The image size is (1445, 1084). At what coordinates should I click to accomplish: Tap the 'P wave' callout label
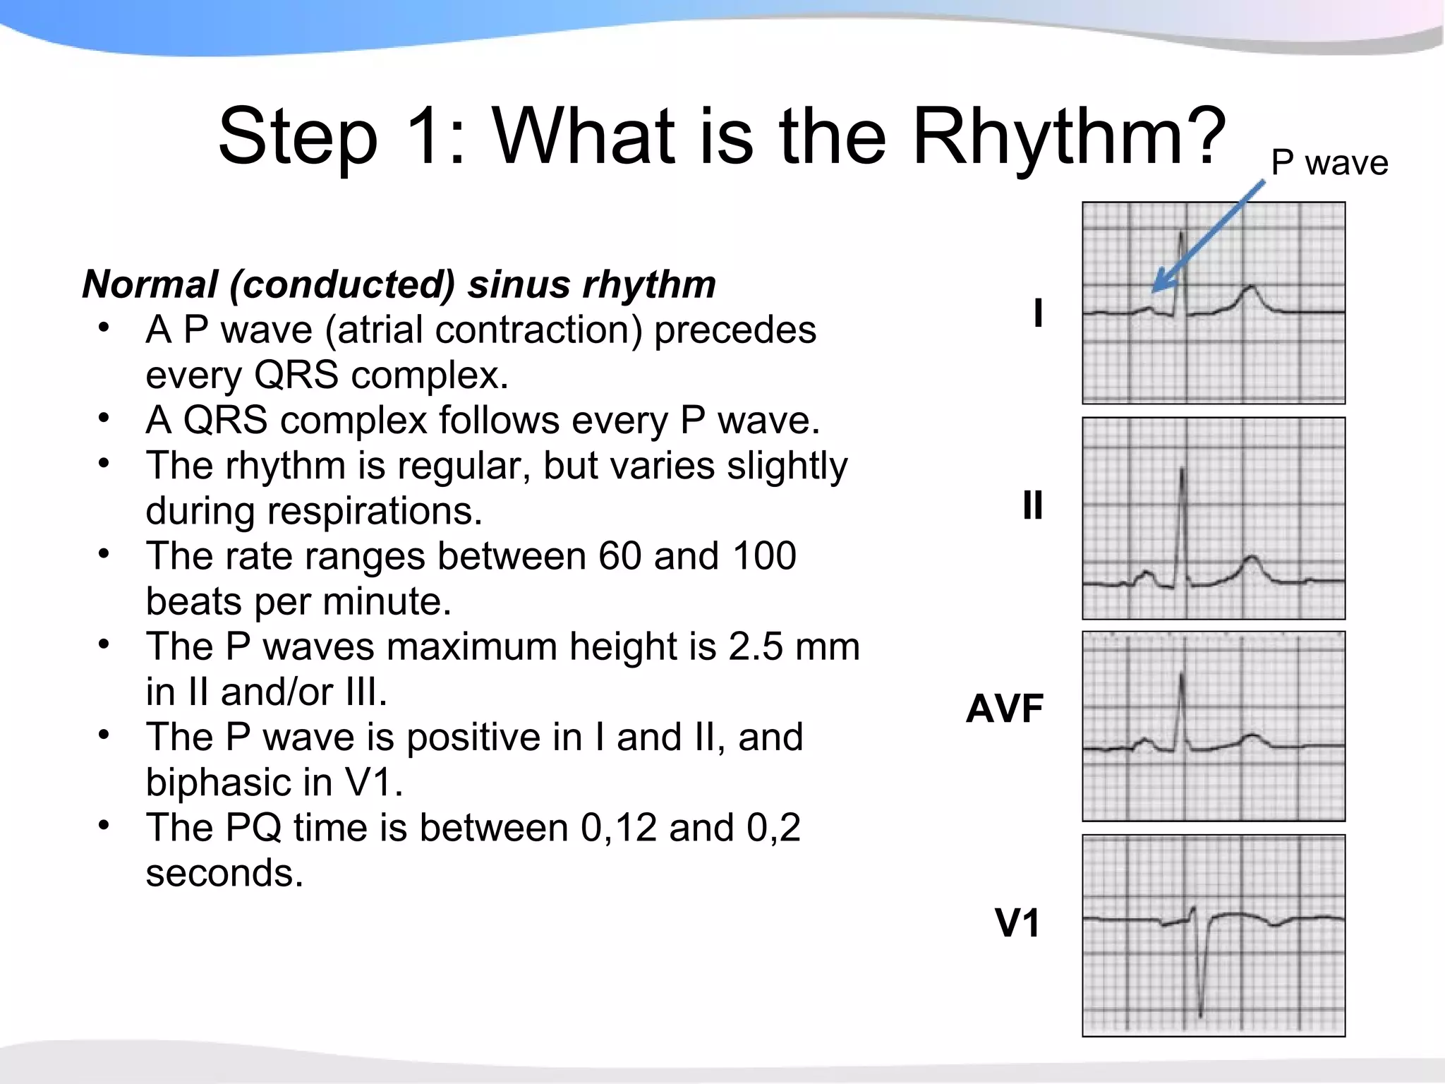tap(1329, 163)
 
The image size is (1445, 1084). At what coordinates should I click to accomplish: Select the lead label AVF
tap(1004, 709)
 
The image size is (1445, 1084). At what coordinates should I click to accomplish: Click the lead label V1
tap(1017, 922)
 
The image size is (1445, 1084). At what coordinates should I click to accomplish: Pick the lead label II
tap(1032, 506)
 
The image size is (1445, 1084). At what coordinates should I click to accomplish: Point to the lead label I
tap(1037, 313)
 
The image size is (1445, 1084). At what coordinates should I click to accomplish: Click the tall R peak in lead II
tap(1183, 471)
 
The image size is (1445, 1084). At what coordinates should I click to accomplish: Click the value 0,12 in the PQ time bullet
tap(618, 828)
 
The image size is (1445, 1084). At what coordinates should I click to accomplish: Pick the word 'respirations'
tap(374, 512)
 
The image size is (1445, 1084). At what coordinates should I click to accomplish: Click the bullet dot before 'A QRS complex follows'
tap(104, 419)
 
